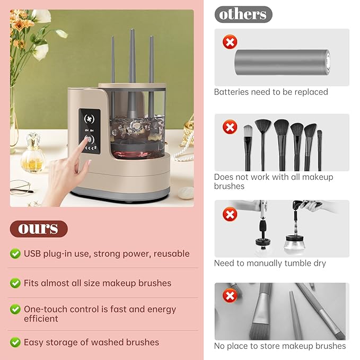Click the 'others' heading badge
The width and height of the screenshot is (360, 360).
(x=243, y=14)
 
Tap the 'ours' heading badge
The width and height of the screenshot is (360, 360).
(x=39, y=229)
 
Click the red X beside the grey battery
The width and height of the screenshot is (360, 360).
(x=230, y=42)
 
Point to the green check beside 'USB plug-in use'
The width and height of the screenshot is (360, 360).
(x=15, y=254)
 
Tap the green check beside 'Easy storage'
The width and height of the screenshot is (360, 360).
(x=15, y=343)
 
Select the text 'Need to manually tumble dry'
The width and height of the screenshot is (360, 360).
(x=270, y=264)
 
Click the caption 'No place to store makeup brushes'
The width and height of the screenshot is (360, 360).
(x=280, y=346)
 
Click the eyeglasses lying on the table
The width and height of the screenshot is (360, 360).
(x=20, y=187)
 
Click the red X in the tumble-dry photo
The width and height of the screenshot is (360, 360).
(x=229, y=214)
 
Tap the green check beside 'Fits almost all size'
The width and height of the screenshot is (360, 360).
(x=15, y=283)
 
